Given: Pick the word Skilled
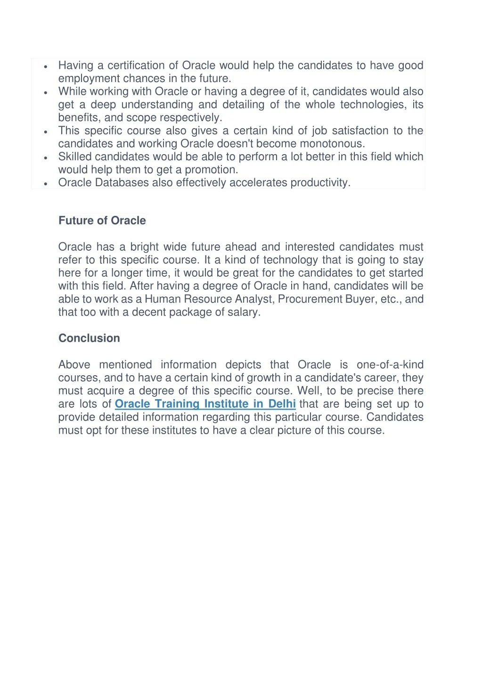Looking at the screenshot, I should click(x=74, y=156).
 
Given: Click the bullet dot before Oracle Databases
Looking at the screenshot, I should click(x=46, y=184).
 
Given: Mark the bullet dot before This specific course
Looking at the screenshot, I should click(x=46, y=132).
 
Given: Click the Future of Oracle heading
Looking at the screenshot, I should click(x=102, y=221).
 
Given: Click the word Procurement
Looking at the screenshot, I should click(x=310, y=299).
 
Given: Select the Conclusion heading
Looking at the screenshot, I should click(x=89, y=338).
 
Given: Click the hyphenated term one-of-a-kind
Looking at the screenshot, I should click(x=390, y=365).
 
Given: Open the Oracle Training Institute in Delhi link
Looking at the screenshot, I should click(x=205, y=404).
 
